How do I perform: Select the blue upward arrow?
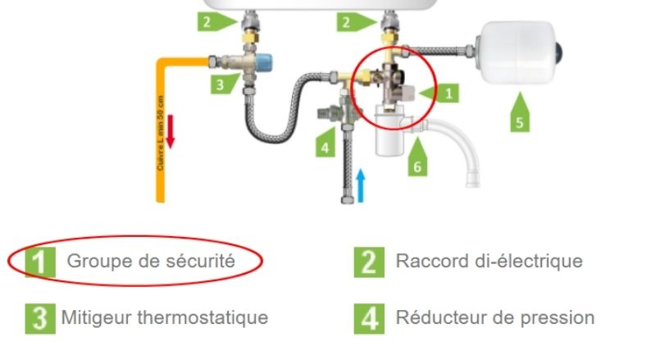362,182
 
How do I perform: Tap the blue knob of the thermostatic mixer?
265,64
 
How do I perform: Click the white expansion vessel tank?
517,52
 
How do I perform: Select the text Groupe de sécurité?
151,262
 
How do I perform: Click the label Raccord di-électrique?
489,262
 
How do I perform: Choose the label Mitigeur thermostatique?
165,317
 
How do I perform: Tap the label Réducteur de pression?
494,317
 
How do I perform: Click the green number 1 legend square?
38,262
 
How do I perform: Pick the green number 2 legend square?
369,262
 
